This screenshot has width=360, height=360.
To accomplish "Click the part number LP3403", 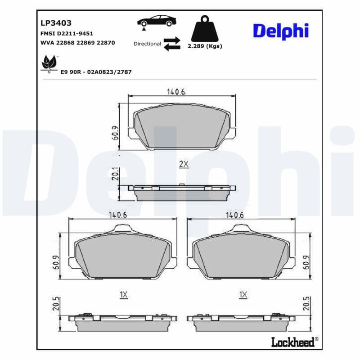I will tap(56, 22).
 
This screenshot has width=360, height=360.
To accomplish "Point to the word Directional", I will tap(147, 44).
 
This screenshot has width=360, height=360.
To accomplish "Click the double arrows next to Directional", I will tap(171, 44).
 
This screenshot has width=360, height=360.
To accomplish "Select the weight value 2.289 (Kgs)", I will tap(204, 46).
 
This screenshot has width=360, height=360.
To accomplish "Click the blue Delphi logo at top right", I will tap(280, 31).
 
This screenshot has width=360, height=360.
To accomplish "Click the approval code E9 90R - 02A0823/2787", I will tap(96, 72).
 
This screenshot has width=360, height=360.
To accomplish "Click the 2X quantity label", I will tap(183, 164).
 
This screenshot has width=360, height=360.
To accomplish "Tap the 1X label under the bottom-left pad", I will tap(124, 295).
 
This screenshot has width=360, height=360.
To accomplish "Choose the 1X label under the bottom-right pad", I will tap(243, 295).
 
